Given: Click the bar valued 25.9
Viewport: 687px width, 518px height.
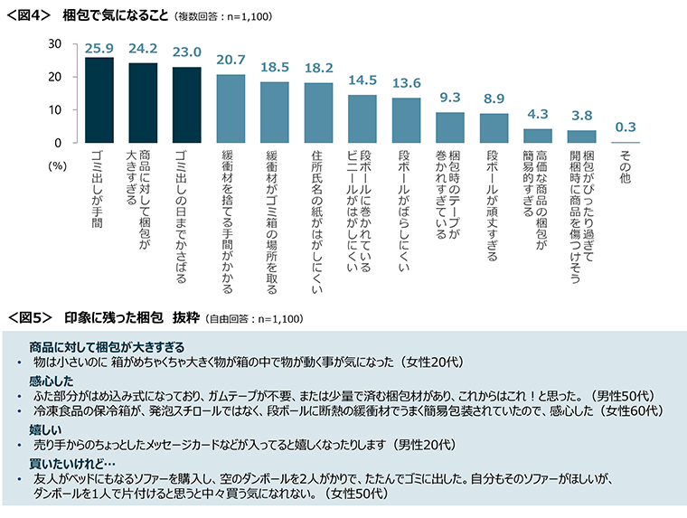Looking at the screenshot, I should pos(99,100).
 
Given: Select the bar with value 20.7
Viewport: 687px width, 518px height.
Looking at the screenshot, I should pos(231,108).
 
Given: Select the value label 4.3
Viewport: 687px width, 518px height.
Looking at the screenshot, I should pos(537,116).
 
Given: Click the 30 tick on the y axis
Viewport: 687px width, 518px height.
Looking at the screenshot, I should pos(54,43).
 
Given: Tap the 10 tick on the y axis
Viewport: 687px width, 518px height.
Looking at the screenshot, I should pos(54,109).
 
